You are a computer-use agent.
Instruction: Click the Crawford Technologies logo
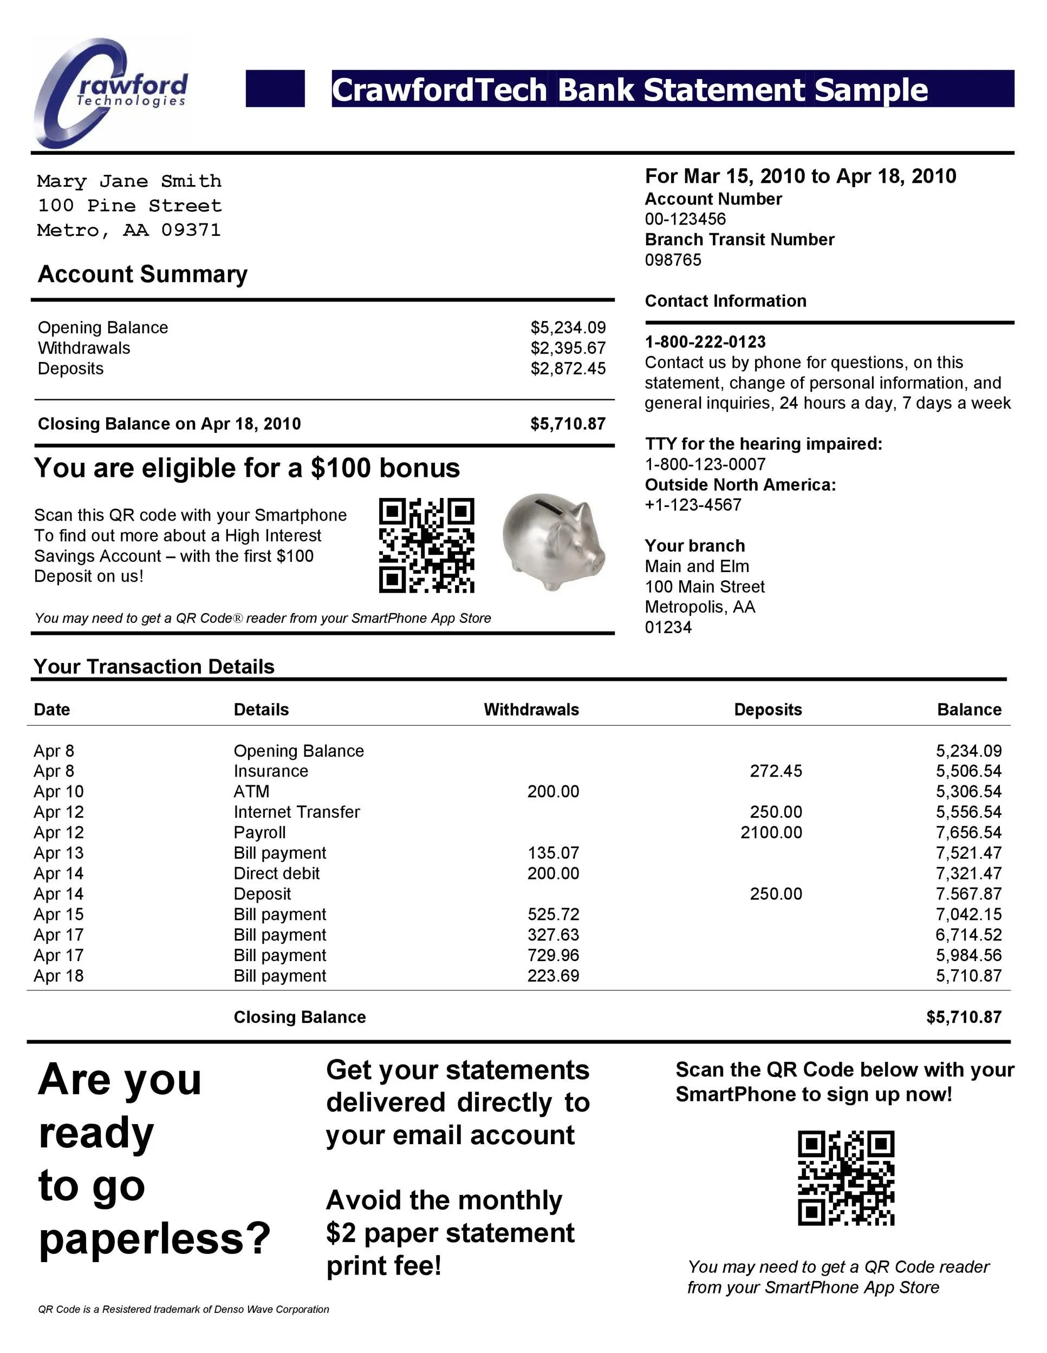110,93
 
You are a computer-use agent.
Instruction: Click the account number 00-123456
685,219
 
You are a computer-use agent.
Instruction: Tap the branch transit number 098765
673,260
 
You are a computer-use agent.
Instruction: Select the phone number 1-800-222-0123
705,342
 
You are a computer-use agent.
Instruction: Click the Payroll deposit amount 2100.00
771,832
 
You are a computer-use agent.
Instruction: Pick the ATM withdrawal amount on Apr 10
553,791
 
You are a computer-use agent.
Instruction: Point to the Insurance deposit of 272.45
776,771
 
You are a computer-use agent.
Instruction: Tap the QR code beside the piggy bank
426,545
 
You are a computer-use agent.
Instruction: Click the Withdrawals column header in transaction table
531,710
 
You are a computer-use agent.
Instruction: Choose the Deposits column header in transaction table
768,710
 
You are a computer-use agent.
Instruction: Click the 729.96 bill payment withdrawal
553,955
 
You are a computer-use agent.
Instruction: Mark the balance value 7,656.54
968,832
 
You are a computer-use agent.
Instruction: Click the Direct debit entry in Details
276,873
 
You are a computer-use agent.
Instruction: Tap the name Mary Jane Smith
129,181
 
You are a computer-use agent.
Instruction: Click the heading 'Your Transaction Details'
154,666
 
